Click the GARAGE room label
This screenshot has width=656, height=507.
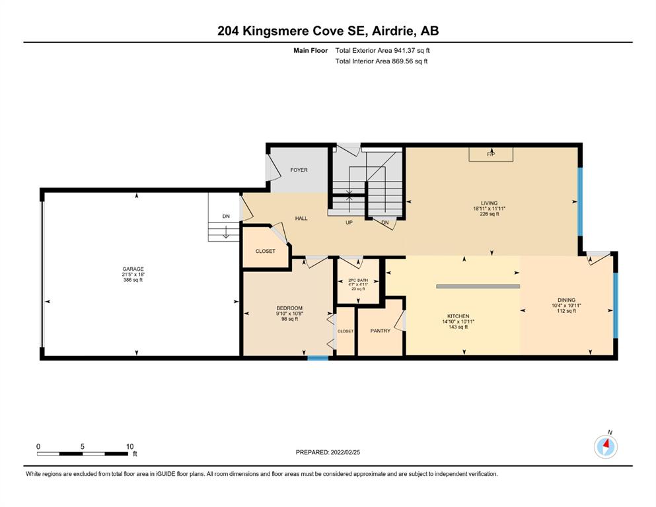[133, 269]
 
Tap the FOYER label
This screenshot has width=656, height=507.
[299, 170]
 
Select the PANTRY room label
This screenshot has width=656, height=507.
[381, 331]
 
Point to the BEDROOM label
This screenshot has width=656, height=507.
[289, 308]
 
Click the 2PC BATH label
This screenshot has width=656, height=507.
[358, 280]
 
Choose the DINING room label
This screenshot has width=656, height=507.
[566, 300]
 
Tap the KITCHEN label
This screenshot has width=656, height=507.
[458, 316]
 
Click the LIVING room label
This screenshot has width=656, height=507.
[489, 203]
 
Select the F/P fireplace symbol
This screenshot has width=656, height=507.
[491, 154]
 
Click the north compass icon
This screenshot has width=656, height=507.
[606, 446]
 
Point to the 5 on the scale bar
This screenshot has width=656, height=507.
[83, 446]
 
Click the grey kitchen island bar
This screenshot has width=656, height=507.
[478, 287]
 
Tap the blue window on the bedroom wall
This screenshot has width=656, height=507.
[318, 358]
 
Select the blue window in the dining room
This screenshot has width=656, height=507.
[616, 305]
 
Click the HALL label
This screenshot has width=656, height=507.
[301, 218]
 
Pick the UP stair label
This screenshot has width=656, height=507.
[349, 222]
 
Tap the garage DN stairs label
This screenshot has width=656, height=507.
[226, 216]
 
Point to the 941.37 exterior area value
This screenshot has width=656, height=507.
[403, 51]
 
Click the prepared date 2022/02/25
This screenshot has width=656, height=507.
[345, 452]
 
